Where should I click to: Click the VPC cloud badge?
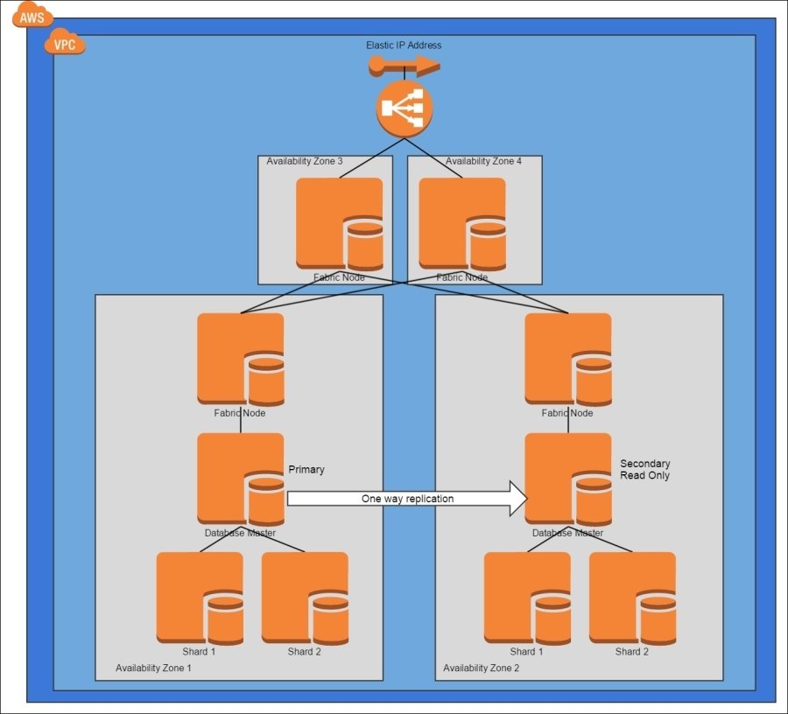[x=65, y=43]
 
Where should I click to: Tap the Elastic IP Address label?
[x=404, y=45]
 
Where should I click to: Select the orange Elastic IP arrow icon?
[x=404, y=65]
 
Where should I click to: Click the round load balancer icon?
[x=405, y=109]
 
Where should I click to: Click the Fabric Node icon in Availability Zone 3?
[x=340, y=224]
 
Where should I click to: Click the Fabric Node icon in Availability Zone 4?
[x=462, y=224]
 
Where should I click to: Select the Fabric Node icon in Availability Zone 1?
[x=241, y=359]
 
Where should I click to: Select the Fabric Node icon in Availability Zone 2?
[x=568, y=359]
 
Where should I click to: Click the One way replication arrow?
[x=407, y=499]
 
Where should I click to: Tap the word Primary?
[x=306, y=470]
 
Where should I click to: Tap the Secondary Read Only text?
[x=645, y=469]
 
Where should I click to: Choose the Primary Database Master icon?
[x=241, y=479]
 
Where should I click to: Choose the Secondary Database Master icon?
[x=568, y=479]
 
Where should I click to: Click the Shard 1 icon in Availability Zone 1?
[x=200, y=598]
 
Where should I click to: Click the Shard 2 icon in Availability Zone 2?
[x=632, y=598]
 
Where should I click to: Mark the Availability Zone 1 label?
[x=153, y=668]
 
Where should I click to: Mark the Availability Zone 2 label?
[x=481, y=668]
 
